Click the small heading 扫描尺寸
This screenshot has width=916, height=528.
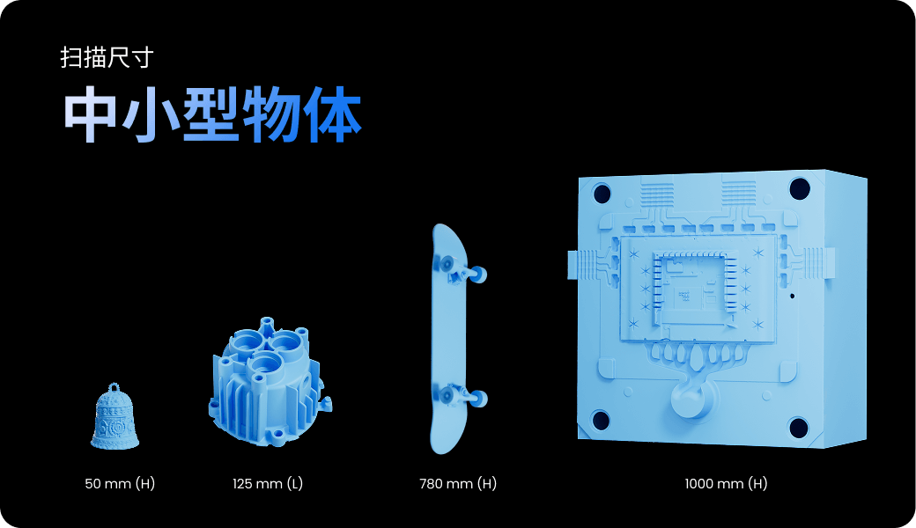(x=107, y=57)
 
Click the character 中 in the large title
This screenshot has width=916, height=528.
(x=88, y=114)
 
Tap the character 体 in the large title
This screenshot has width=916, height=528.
(x=333, y=114)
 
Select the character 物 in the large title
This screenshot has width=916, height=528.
(x=271, y=114)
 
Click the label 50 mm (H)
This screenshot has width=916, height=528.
(x=120, y=484)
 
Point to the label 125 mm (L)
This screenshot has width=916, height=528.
(x=268, y=484)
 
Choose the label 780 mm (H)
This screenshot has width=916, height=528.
(x=458, y=484)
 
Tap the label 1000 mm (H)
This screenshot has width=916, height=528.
(x=726, y=484)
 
